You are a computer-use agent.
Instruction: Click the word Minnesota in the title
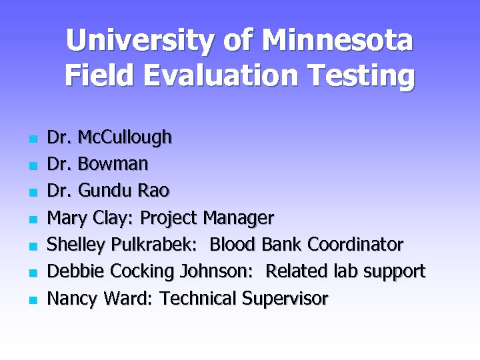point(337,41)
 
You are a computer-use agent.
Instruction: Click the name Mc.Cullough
point(125,138)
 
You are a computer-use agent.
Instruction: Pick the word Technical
point(199,299)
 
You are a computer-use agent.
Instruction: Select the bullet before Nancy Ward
point(31,300)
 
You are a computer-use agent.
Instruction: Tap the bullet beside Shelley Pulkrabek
point(31,246)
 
